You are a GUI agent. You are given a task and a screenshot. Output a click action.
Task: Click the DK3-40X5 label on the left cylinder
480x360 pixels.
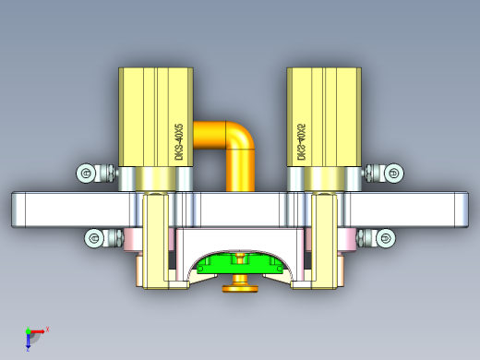(179, 142)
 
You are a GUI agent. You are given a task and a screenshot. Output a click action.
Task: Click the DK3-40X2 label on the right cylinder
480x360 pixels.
(301, 142)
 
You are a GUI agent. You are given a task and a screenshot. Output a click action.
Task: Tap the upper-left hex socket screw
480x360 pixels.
(86, 173)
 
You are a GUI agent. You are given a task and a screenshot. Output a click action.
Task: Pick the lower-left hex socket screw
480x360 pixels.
(94, 238)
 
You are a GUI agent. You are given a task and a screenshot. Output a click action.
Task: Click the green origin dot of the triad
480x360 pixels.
(28, 331)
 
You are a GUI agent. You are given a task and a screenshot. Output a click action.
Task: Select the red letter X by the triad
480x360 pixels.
(47, 329)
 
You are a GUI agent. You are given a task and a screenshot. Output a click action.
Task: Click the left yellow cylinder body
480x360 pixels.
(143, 115)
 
